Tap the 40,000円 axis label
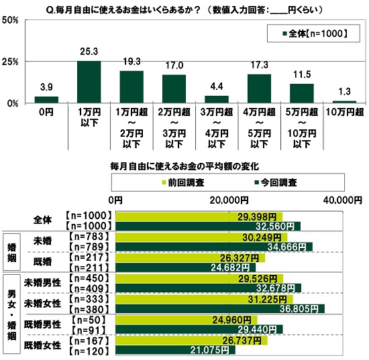[341, 199]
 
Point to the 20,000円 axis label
[229, 199]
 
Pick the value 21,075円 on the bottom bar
[210, 349]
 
